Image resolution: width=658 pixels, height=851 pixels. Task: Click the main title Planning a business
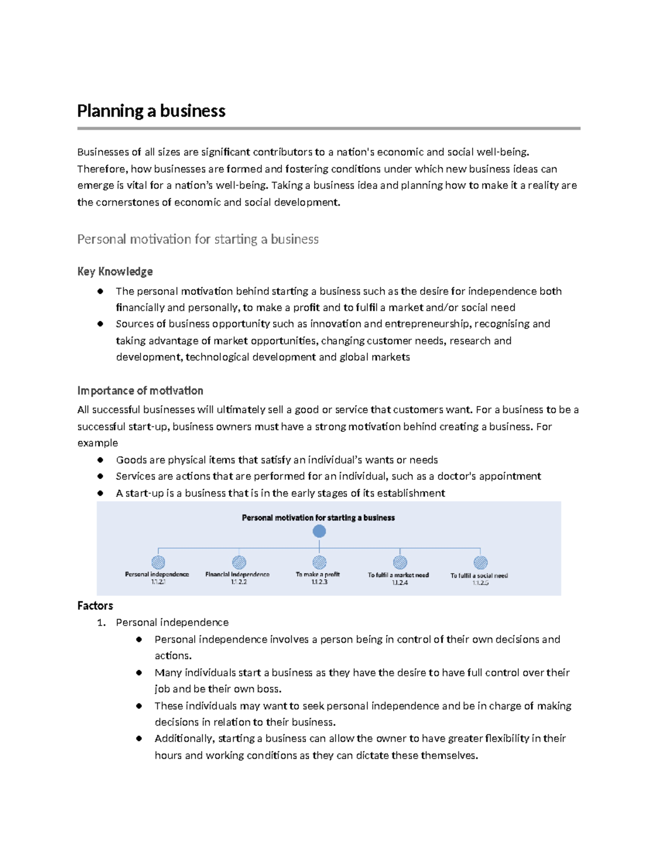pyautogui.click(x=151, y=111)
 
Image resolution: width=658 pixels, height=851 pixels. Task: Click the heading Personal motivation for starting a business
pyautogui.click(x=197, y=239)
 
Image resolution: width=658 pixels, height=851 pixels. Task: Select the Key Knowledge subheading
pyautogui.click(x=115, y=272)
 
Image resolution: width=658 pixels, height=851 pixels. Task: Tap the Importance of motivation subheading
pyautogui.click(x=140, y=391)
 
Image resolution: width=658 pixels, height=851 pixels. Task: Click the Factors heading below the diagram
pyautogui.click(x=95, y=606)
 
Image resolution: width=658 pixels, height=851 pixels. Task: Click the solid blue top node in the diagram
pyautogui.click(x=319, y=531)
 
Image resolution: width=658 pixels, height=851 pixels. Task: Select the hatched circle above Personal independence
pyautogui.click(x=158, y=562)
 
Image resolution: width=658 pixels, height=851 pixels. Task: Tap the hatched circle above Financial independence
pyautogui.click(x=239, y=562)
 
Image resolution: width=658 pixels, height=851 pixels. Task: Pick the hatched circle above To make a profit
pyautogui.click(x=319, y=562)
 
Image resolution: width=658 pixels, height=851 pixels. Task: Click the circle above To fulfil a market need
pyautogui.click(x=400, y=562)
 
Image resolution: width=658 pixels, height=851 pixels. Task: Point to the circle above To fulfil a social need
pyautogui.click(x=480, y=562)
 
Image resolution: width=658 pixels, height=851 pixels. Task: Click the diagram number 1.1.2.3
pyautogui.click(x=319, y=582)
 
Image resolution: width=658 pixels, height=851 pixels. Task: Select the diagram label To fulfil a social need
pyautogui.click(x=479, y=575)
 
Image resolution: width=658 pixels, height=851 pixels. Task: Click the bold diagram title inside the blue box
pyautogui.click(x=318, y=518)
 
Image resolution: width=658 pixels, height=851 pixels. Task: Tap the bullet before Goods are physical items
pyautogui.click(x=100, y=460)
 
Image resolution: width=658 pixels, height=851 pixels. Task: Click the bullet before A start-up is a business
pyautogui.click(x=100, y=493)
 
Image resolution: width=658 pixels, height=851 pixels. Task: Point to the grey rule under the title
pyautogui.click(x=328, y=129)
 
